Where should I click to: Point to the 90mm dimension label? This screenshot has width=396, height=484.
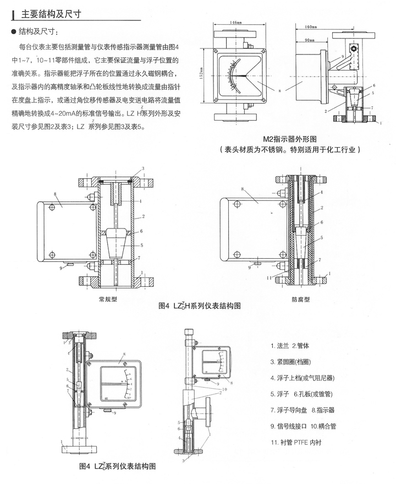coord(311,41)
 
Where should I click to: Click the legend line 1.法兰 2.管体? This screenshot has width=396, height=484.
coord(294,345)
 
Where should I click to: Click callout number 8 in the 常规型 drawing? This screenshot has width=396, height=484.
coord(56,193)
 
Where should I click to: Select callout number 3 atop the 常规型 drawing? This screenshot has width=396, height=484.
coord(142,167)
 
